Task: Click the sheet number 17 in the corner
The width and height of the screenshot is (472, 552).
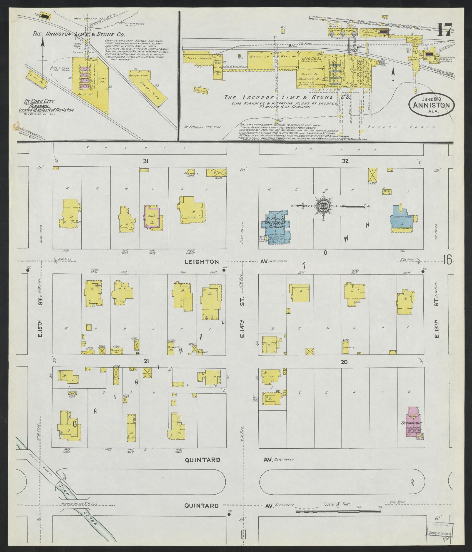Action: tap(443, 29)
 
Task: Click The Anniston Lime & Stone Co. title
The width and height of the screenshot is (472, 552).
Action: tap(79, 35)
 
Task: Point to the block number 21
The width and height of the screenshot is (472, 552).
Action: tap(146, 361)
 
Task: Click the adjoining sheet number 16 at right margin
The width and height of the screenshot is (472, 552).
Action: tap(448, 259)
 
